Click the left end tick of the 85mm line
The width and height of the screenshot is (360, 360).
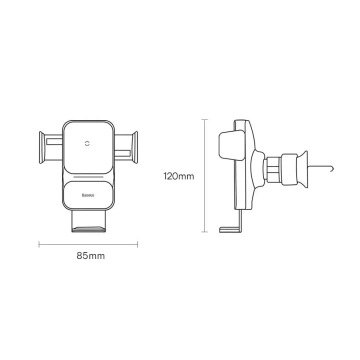coord(40,243)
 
